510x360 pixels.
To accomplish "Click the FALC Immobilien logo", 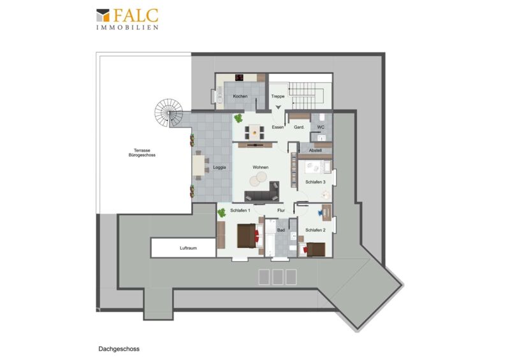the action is (x=127, y=19).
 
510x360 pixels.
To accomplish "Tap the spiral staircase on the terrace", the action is (x=168, y=113).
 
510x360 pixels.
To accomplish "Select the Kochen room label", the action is (x=240, y=96).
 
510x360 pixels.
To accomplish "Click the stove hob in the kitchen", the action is (x=240, y=77).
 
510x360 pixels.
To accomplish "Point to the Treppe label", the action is (x=278, y=96).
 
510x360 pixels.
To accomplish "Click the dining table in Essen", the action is (x=254, y=131).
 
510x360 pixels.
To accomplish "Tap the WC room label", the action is (x=321, y=127).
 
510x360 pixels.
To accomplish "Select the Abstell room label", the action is (x=315, y=150).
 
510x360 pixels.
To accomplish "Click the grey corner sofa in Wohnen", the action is (x=262, y=192).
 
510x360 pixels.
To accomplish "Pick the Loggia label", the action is (x=219, y=168).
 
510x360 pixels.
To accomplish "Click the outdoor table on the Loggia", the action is (x=198, y=165).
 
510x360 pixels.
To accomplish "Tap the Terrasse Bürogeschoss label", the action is (x=142, y=153).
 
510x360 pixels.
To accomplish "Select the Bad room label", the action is (x=281, y=230).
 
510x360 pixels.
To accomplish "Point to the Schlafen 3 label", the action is (x=316, y=182).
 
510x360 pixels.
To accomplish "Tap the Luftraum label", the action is (x=188, y=248).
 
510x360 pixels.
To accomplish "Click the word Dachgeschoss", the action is (x=119, y=349).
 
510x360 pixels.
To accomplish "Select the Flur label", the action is (x=281, y=210).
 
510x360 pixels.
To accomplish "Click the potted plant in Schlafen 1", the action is (x=221, y=213).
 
